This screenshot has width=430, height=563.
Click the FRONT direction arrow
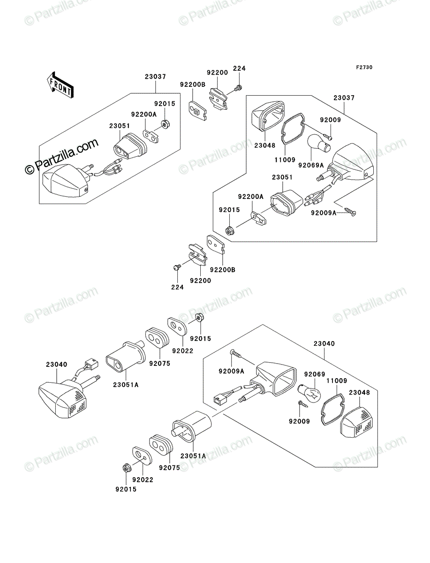point(60,84)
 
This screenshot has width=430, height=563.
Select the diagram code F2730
point(364,68)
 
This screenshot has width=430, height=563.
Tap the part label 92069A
point(311,165)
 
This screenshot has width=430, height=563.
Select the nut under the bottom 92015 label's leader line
point(126,469)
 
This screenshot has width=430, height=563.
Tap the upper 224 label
point(239,68)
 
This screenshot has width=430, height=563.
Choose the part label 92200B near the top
point(193,84)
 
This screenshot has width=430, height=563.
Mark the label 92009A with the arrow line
point(324,213)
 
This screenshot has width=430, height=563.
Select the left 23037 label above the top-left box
point(155,76)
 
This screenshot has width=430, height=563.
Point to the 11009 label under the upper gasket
point(285,160)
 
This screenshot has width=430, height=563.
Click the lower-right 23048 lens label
point(359,392)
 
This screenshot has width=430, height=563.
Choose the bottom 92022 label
point(143,479)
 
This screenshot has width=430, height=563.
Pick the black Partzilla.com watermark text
point(61,156)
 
